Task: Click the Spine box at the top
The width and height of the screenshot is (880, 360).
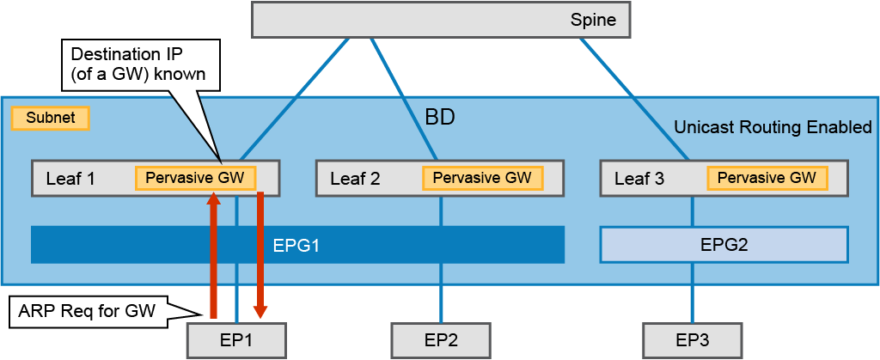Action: coord(441,21)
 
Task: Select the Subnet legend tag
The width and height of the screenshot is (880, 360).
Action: coord(51,119)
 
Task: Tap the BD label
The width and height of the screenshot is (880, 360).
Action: coord(439,119)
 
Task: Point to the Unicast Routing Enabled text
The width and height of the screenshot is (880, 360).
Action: coord(773,128)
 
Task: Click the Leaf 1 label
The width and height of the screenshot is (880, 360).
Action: coord(70,179)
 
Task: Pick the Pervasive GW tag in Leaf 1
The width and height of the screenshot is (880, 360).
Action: coord(195,178)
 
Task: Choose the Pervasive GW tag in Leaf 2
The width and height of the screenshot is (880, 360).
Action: coord(483,178)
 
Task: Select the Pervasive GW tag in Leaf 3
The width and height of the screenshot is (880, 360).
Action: coord(767,178)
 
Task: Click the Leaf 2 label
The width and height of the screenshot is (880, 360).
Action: coord(355,179)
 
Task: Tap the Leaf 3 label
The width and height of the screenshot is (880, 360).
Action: coord(639,179)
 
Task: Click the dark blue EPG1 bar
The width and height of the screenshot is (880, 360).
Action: coord(297,245)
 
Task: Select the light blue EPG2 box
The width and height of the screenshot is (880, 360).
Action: coord(724,245)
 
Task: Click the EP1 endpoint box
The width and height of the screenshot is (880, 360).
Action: coord(236,340)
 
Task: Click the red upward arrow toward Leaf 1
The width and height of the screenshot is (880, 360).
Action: coord(213,254)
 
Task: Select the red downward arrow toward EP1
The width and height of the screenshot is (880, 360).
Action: coord(260,255)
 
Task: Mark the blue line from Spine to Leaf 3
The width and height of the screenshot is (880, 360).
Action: coord(633,100)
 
